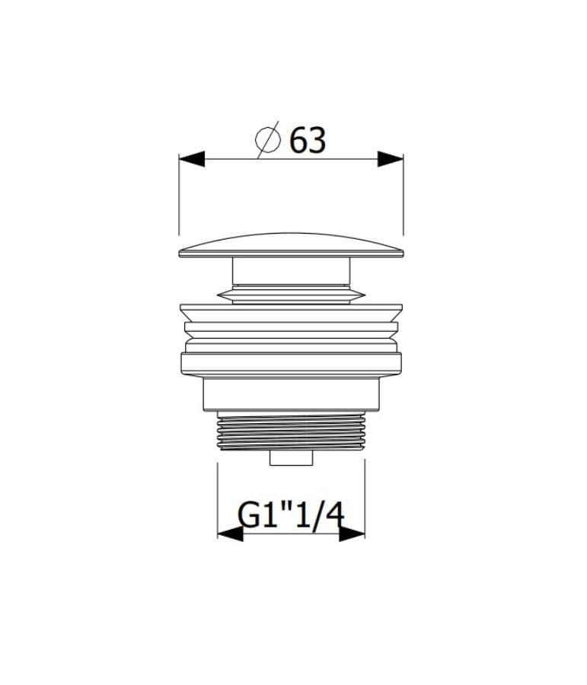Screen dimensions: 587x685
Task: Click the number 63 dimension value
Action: [308, 140]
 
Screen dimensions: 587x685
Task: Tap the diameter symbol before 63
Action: [267, 139]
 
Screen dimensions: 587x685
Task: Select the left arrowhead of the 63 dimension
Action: [192, 159]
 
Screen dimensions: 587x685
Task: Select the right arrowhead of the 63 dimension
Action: [391, 159]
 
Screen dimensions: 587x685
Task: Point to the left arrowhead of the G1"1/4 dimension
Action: [231, 534]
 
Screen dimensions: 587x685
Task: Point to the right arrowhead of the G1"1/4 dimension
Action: [352, 534]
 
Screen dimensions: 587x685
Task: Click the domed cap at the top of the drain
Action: [291, 246]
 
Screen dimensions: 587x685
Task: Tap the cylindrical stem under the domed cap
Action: [291, 271]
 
